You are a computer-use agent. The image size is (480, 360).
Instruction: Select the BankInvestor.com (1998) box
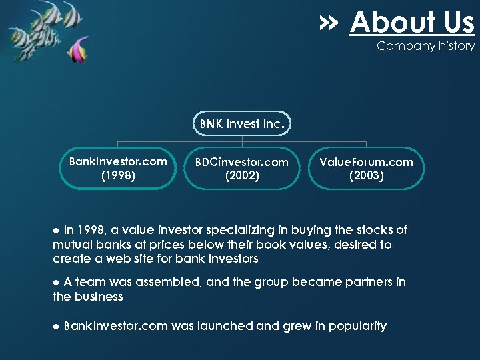coord(118,168)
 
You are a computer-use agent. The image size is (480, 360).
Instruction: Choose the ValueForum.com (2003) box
coord(366,169)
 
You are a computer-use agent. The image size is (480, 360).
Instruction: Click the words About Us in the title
coord(411,23)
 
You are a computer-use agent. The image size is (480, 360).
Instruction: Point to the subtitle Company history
coord(425,46)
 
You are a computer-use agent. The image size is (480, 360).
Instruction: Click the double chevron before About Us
coord(329,23)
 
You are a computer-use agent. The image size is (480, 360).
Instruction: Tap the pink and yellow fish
coord(80,50)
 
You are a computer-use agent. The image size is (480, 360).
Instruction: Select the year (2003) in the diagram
coord(366,176)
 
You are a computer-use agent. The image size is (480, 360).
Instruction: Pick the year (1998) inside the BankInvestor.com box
coord(118,175)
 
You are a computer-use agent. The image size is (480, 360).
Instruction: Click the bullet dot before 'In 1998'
coord(57,231)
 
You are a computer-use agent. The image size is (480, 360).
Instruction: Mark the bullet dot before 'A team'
coord(57,283)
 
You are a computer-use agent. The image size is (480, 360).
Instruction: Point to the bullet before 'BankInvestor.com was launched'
coord(57,327)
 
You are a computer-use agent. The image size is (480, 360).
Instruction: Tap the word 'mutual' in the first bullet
coord(71,245)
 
